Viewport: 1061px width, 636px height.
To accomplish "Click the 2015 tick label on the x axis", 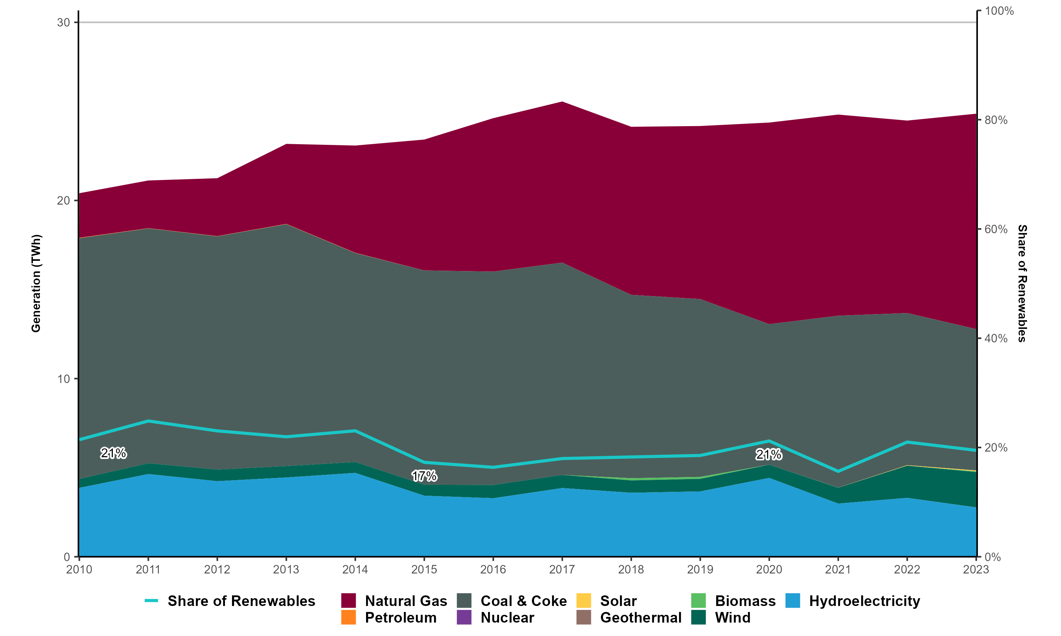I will pyautogui.click(x=424, y=570).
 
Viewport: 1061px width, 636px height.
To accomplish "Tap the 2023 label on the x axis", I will pyautogui.click(x=976, y=570).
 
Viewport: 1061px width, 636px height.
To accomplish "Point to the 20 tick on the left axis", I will pyautogui.click(x=63, y=201).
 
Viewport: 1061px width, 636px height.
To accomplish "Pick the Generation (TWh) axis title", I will pyautogui.click(x=36, y=283).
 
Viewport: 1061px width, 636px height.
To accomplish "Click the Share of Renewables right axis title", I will pyautogui.click(x=1022, y=283).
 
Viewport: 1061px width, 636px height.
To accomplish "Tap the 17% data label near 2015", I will pyautogui.click(x=424, y=476).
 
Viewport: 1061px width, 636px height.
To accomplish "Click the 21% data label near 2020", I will pyautogui.click(x=769, y=455).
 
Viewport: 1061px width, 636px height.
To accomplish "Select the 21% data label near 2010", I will pyautogui.click(x=113, y=453).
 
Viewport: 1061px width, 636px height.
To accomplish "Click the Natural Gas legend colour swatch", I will pyautogui.click(x=349, y=601).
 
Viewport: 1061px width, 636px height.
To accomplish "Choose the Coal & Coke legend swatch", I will pyautogui.click(x=464, y=601).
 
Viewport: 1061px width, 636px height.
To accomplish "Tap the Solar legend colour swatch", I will pyautogui.click(x=584, y=601).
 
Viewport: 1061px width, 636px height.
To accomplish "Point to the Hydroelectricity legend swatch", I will pyautogui.click(x=793, y=601).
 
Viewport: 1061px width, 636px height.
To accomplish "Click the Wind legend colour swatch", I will pyautogui.click(x=698, y=618).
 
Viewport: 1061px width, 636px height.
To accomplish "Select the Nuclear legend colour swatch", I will pyautogui.click(x=464, y=618).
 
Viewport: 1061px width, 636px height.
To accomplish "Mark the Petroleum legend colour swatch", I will pyautogui.click(x=349, y=618).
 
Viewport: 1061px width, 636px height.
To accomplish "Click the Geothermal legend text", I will pyautogui.click(x=641, y=618).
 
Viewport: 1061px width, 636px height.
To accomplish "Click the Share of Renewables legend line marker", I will pyautogui.click(x=151, y=601).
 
